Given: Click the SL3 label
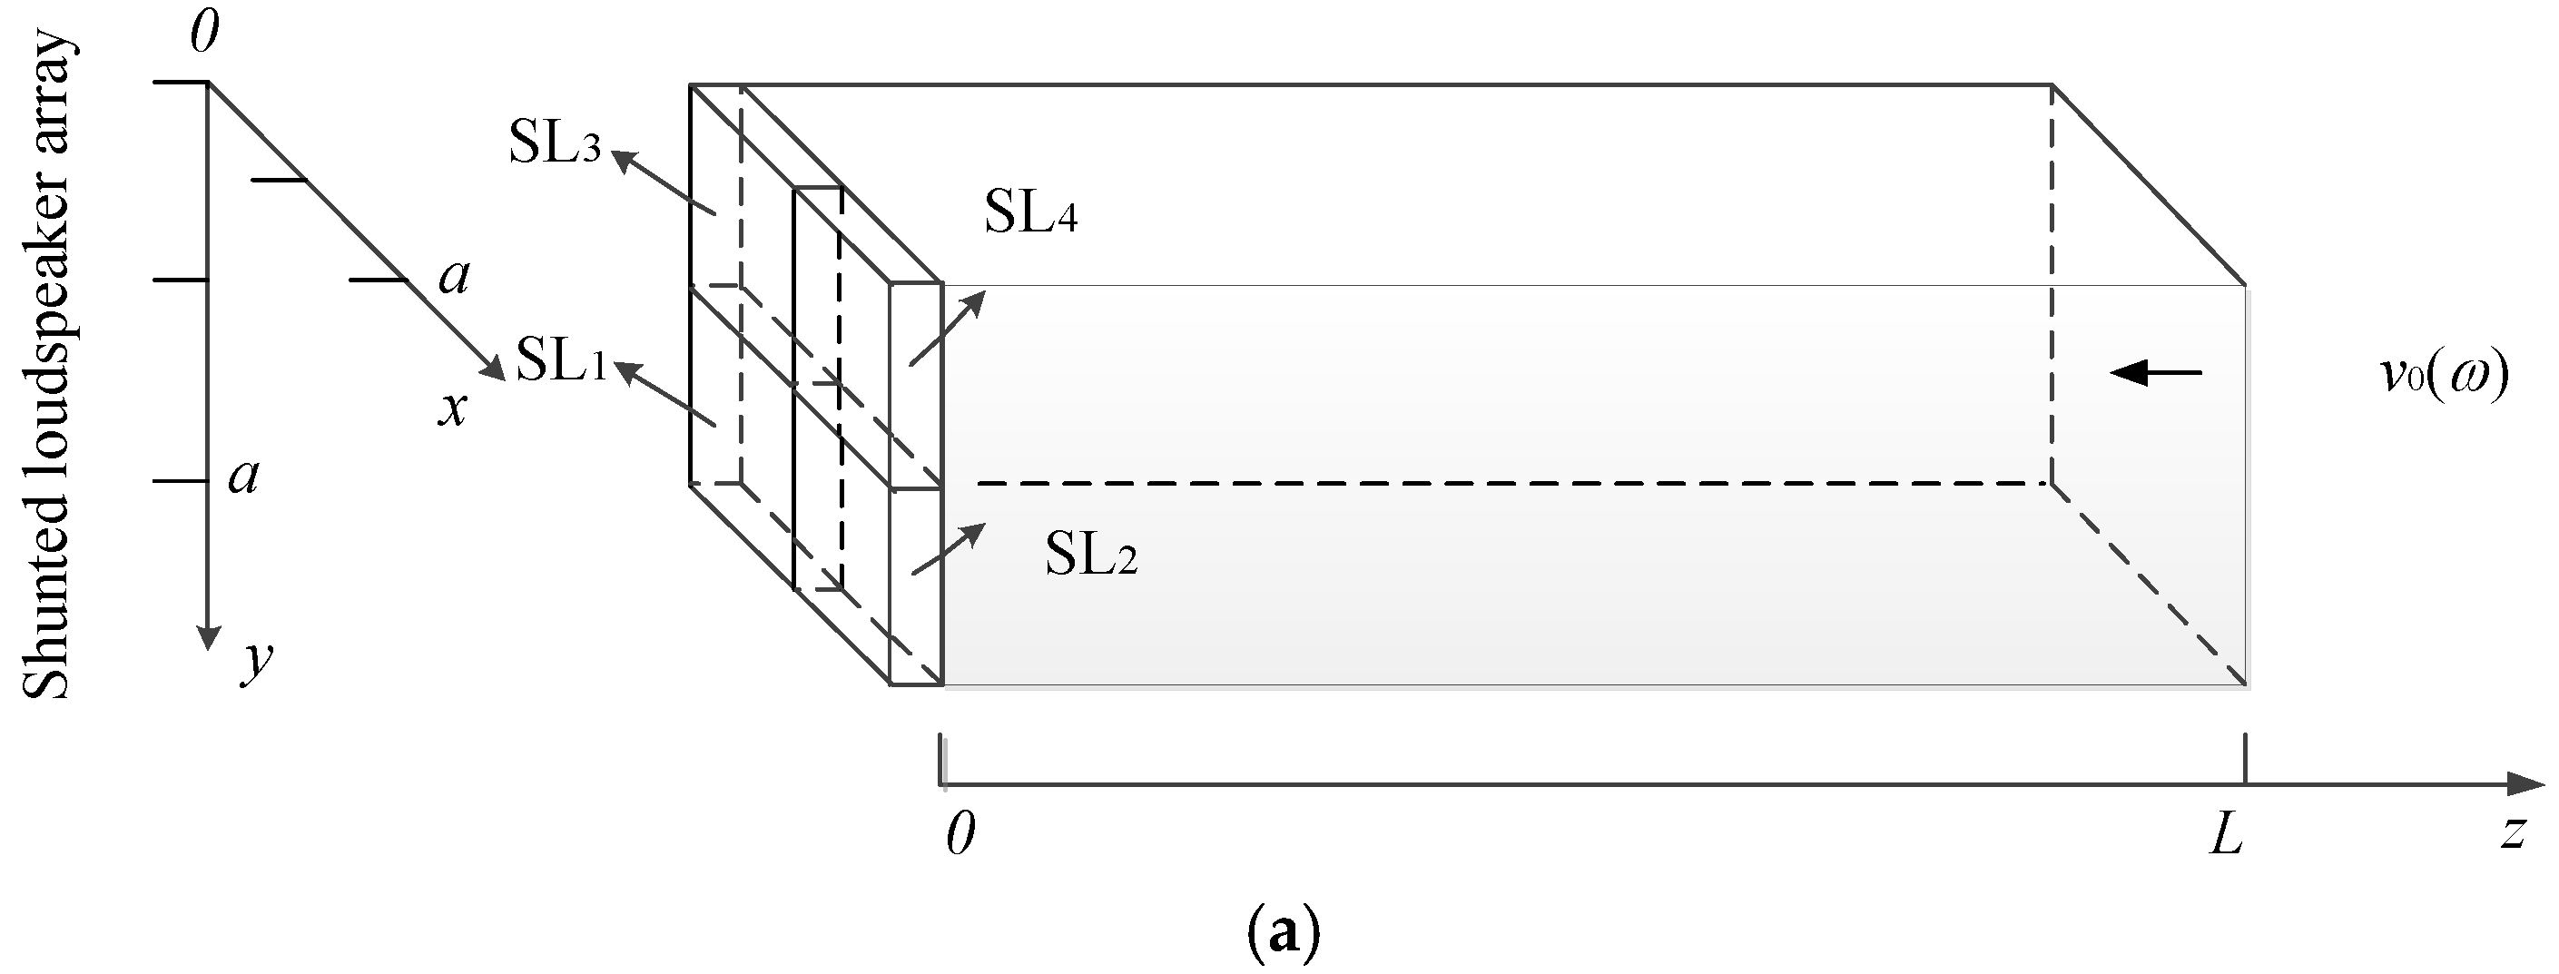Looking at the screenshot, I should [x=555, y=145].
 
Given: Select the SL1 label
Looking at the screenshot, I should [x=560, y=360].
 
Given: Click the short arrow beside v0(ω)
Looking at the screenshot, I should [x=2156, y=373].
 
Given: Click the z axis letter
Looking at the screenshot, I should [x=2513, y=832].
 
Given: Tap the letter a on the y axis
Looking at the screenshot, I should [x=243, y=477].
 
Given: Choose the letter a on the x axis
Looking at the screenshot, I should [x=454, y=278].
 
